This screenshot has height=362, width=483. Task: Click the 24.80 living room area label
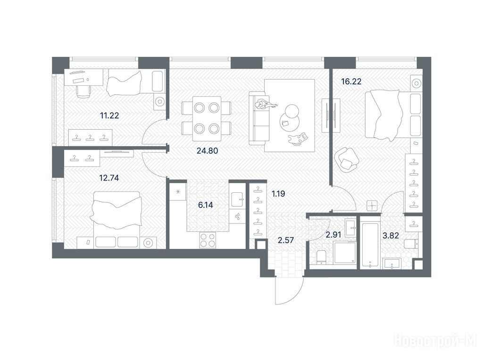(x=207, y=150)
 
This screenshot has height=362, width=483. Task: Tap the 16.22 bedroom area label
(x=351, y=82)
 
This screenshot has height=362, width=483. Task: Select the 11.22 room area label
(x=109, y=115)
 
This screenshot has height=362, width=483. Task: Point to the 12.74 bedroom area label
(x=109, y=178)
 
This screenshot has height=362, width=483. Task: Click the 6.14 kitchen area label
(x=206, y=205)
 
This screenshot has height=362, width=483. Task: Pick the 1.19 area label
(x=278, y=194)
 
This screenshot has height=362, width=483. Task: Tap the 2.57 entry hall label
(x=286, y=240)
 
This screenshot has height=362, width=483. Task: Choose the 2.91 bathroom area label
(x=333, y=235)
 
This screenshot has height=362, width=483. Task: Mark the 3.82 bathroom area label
(x=391, y=236)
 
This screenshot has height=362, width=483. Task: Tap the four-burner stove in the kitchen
(x=208, y=240)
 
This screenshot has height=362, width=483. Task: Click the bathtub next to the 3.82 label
(x=370, y=243)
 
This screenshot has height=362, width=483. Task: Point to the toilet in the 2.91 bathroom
(x=321, y=257)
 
